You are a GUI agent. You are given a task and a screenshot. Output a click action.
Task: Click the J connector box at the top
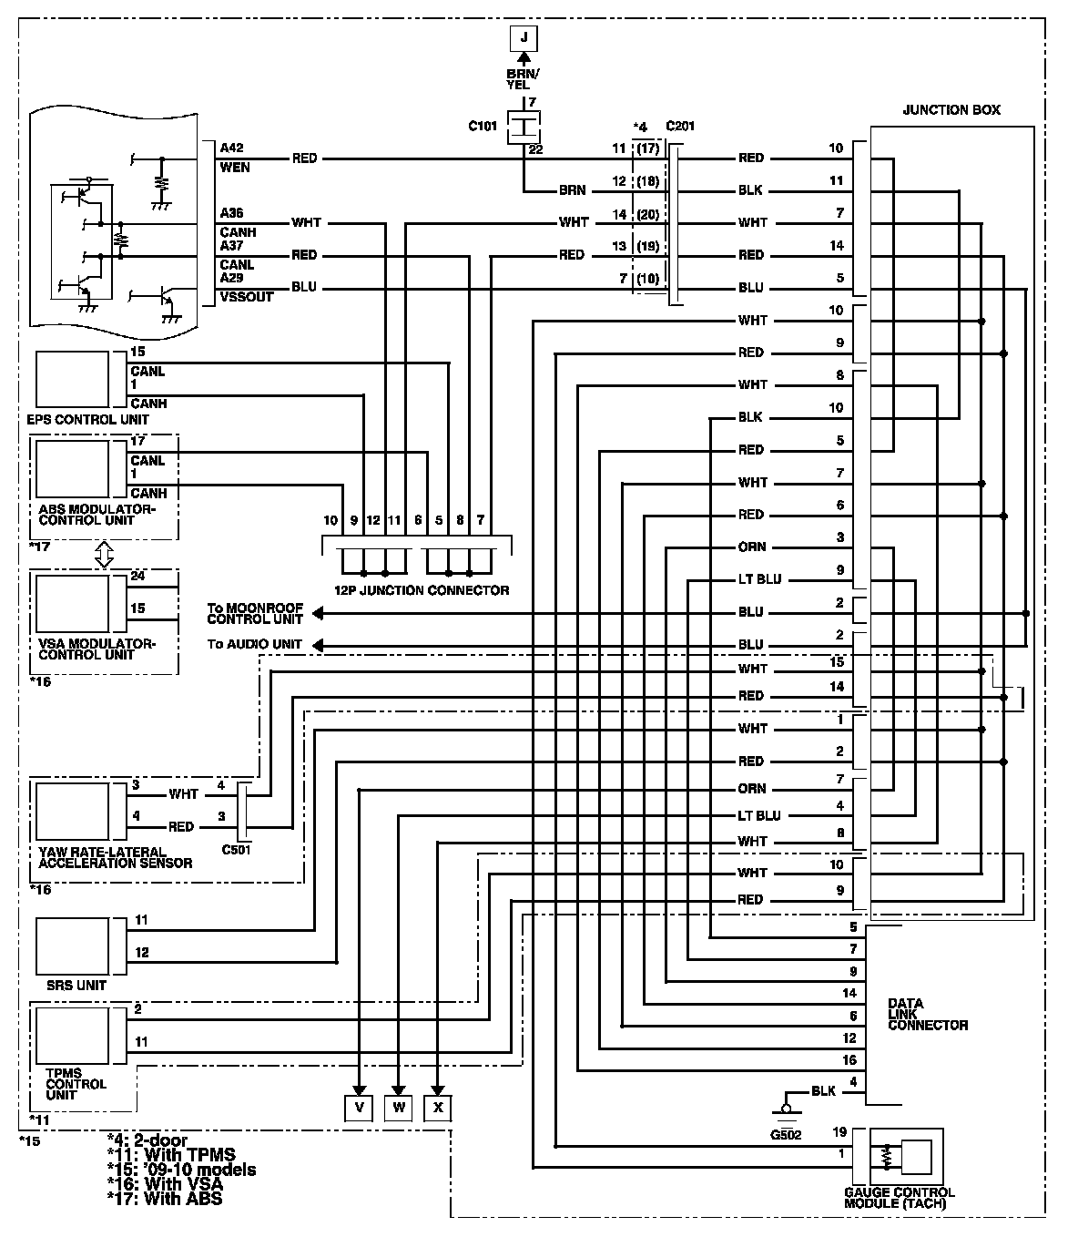(523, 38)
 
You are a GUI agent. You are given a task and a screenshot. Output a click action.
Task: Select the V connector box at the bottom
(359, 1107)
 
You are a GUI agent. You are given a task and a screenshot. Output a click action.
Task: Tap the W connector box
(398, 1107)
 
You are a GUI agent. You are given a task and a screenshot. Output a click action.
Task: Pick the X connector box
(438, 1107)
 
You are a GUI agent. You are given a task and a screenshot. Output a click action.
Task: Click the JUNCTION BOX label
(951, 110)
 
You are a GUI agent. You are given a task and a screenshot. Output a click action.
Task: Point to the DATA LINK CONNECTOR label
(927, 1015)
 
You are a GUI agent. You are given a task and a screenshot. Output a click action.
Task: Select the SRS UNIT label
(76, 985)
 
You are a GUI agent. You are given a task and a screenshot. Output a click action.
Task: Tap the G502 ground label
(784, 1134)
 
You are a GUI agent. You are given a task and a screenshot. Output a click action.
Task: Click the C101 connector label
(483, 127)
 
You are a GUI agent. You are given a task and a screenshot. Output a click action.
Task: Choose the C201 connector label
(680, 127)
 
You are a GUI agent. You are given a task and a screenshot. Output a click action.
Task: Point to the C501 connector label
(236, 850)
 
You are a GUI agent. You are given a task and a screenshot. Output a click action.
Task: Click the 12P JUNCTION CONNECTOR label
(417, 590)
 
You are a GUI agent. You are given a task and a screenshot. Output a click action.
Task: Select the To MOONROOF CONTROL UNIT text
(255, 613)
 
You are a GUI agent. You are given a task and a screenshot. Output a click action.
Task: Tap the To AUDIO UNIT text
(254, 644)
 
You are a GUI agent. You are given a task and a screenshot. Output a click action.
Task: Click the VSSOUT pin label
(246, 297)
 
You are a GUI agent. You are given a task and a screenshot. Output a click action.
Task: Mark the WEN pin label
(234, 168)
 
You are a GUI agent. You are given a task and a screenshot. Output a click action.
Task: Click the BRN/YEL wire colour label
(524, 78)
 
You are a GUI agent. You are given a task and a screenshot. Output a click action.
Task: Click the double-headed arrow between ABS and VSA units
(103, 554)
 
